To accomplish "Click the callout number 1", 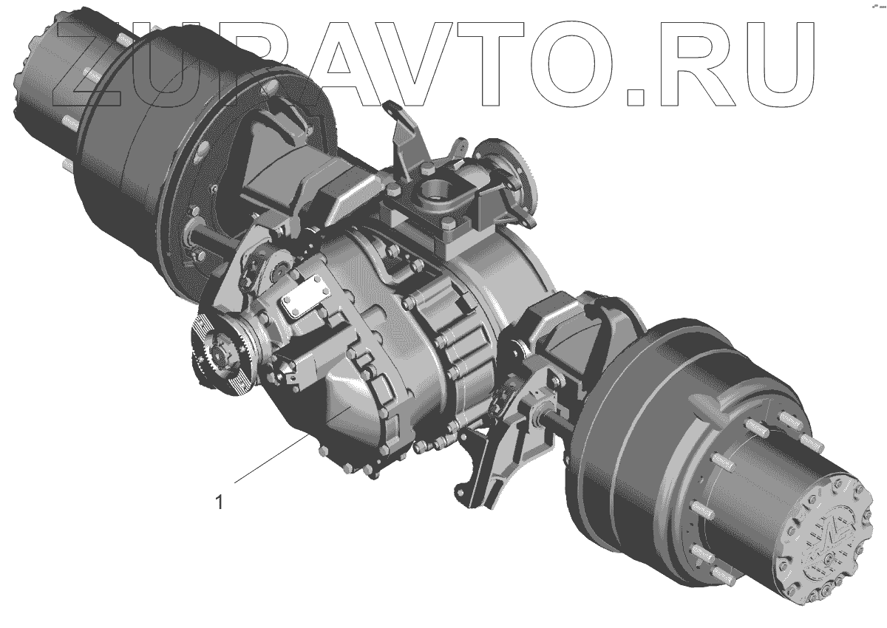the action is click(219, 502).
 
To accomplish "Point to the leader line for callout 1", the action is click(272, 458).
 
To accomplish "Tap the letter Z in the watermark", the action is click(88, 64).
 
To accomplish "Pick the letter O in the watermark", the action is click(568, 64).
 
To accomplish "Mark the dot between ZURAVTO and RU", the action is click(636, 97).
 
